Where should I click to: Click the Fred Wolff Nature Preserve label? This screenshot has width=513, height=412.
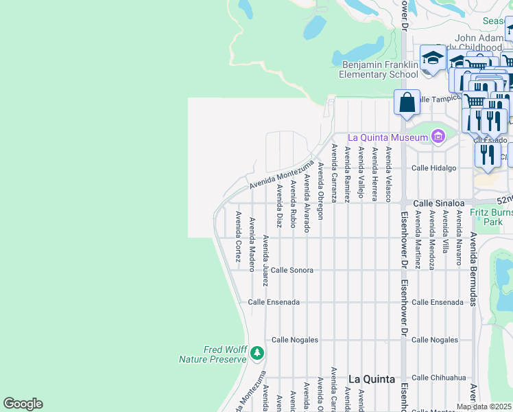pos(213,354)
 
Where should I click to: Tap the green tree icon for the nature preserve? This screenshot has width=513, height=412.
pos(257,354)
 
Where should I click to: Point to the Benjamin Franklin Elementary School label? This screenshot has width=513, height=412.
pos(380,69)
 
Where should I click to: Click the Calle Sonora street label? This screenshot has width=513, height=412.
pos(292,271)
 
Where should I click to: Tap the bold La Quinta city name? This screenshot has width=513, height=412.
pos(372,379)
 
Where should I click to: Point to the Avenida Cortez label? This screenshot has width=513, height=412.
pos(238,237)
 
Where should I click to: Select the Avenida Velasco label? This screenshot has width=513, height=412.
pos(388,174)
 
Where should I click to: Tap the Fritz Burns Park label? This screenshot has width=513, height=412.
pos(491,217)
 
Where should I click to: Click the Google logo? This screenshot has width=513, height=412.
pos(23,404)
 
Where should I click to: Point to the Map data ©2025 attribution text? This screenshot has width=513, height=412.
pos(484,407)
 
